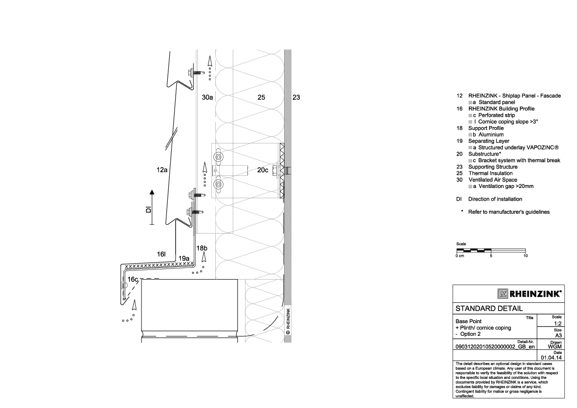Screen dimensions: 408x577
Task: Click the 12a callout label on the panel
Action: click(x=162, y=170)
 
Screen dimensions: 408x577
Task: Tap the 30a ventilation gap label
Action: click(x=208, y=97)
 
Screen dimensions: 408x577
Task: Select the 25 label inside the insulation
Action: click(x=261, y=97)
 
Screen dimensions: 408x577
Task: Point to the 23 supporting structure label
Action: click(x=296, y=97)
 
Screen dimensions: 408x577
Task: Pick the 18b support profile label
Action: click(x=203, y=248)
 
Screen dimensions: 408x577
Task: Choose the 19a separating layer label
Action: click(x=184, y=258)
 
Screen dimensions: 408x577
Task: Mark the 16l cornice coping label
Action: click(x=161, y=254)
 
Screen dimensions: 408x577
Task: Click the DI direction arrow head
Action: click(x=152, y=192)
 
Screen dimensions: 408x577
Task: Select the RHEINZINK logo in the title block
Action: click(x=529, y=294)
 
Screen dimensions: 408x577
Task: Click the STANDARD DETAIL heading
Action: click(x=489, y=309)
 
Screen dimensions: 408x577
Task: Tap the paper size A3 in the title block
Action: click(x=558, y=335)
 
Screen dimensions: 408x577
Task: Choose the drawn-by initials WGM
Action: click(x=555, y=346)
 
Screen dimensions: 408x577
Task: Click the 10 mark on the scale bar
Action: click(x=526, y=255)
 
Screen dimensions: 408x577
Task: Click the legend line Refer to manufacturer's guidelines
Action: click(x=509, y=212)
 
